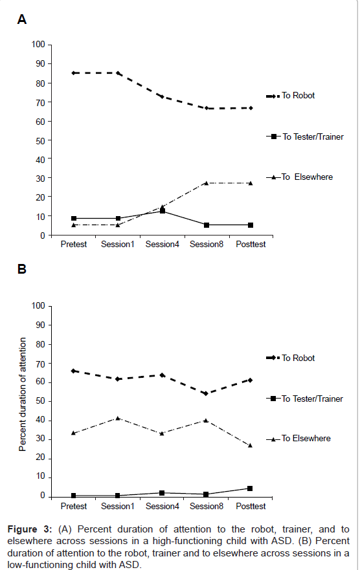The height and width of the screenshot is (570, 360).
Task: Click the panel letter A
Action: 22,19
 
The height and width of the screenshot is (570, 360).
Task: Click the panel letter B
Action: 22,269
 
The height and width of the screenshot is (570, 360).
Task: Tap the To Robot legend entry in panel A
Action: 291,96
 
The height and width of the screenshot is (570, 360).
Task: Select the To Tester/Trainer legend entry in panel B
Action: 305,399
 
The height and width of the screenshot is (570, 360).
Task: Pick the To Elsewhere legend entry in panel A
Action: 300,177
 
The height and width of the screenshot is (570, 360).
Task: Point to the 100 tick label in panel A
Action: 38,45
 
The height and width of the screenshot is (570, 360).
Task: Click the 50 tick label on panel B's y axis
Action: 40,401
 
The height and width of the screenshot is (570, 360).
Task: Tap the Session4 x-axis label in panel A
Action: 162,245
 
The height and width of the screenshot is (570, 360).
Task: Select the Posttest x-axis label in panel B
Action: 251,506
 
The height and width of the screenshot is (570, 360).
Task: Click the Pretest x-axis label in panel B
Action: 74,506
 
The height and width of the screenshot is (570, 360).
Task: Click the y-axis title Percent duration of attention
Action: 23,395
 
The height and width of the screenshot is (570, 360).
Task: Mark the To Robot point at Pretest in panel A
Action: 74,73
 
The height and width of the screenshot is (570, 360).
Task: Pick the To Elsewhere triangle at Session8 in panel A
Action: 206,183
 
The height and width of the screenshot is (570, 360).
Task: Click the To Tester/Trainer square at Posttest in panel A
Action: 251,225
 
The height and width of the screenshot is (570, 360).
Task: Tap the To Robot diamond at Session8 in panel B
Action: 206,393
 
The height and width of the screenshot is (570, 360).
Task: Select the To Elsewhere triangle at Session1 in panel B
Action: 118,418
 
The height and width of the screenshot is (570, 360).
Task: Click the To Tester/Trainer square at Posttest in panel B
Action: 250,488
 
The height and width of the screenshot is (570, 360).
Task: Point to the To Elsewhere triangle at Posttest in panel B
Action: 250,445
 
